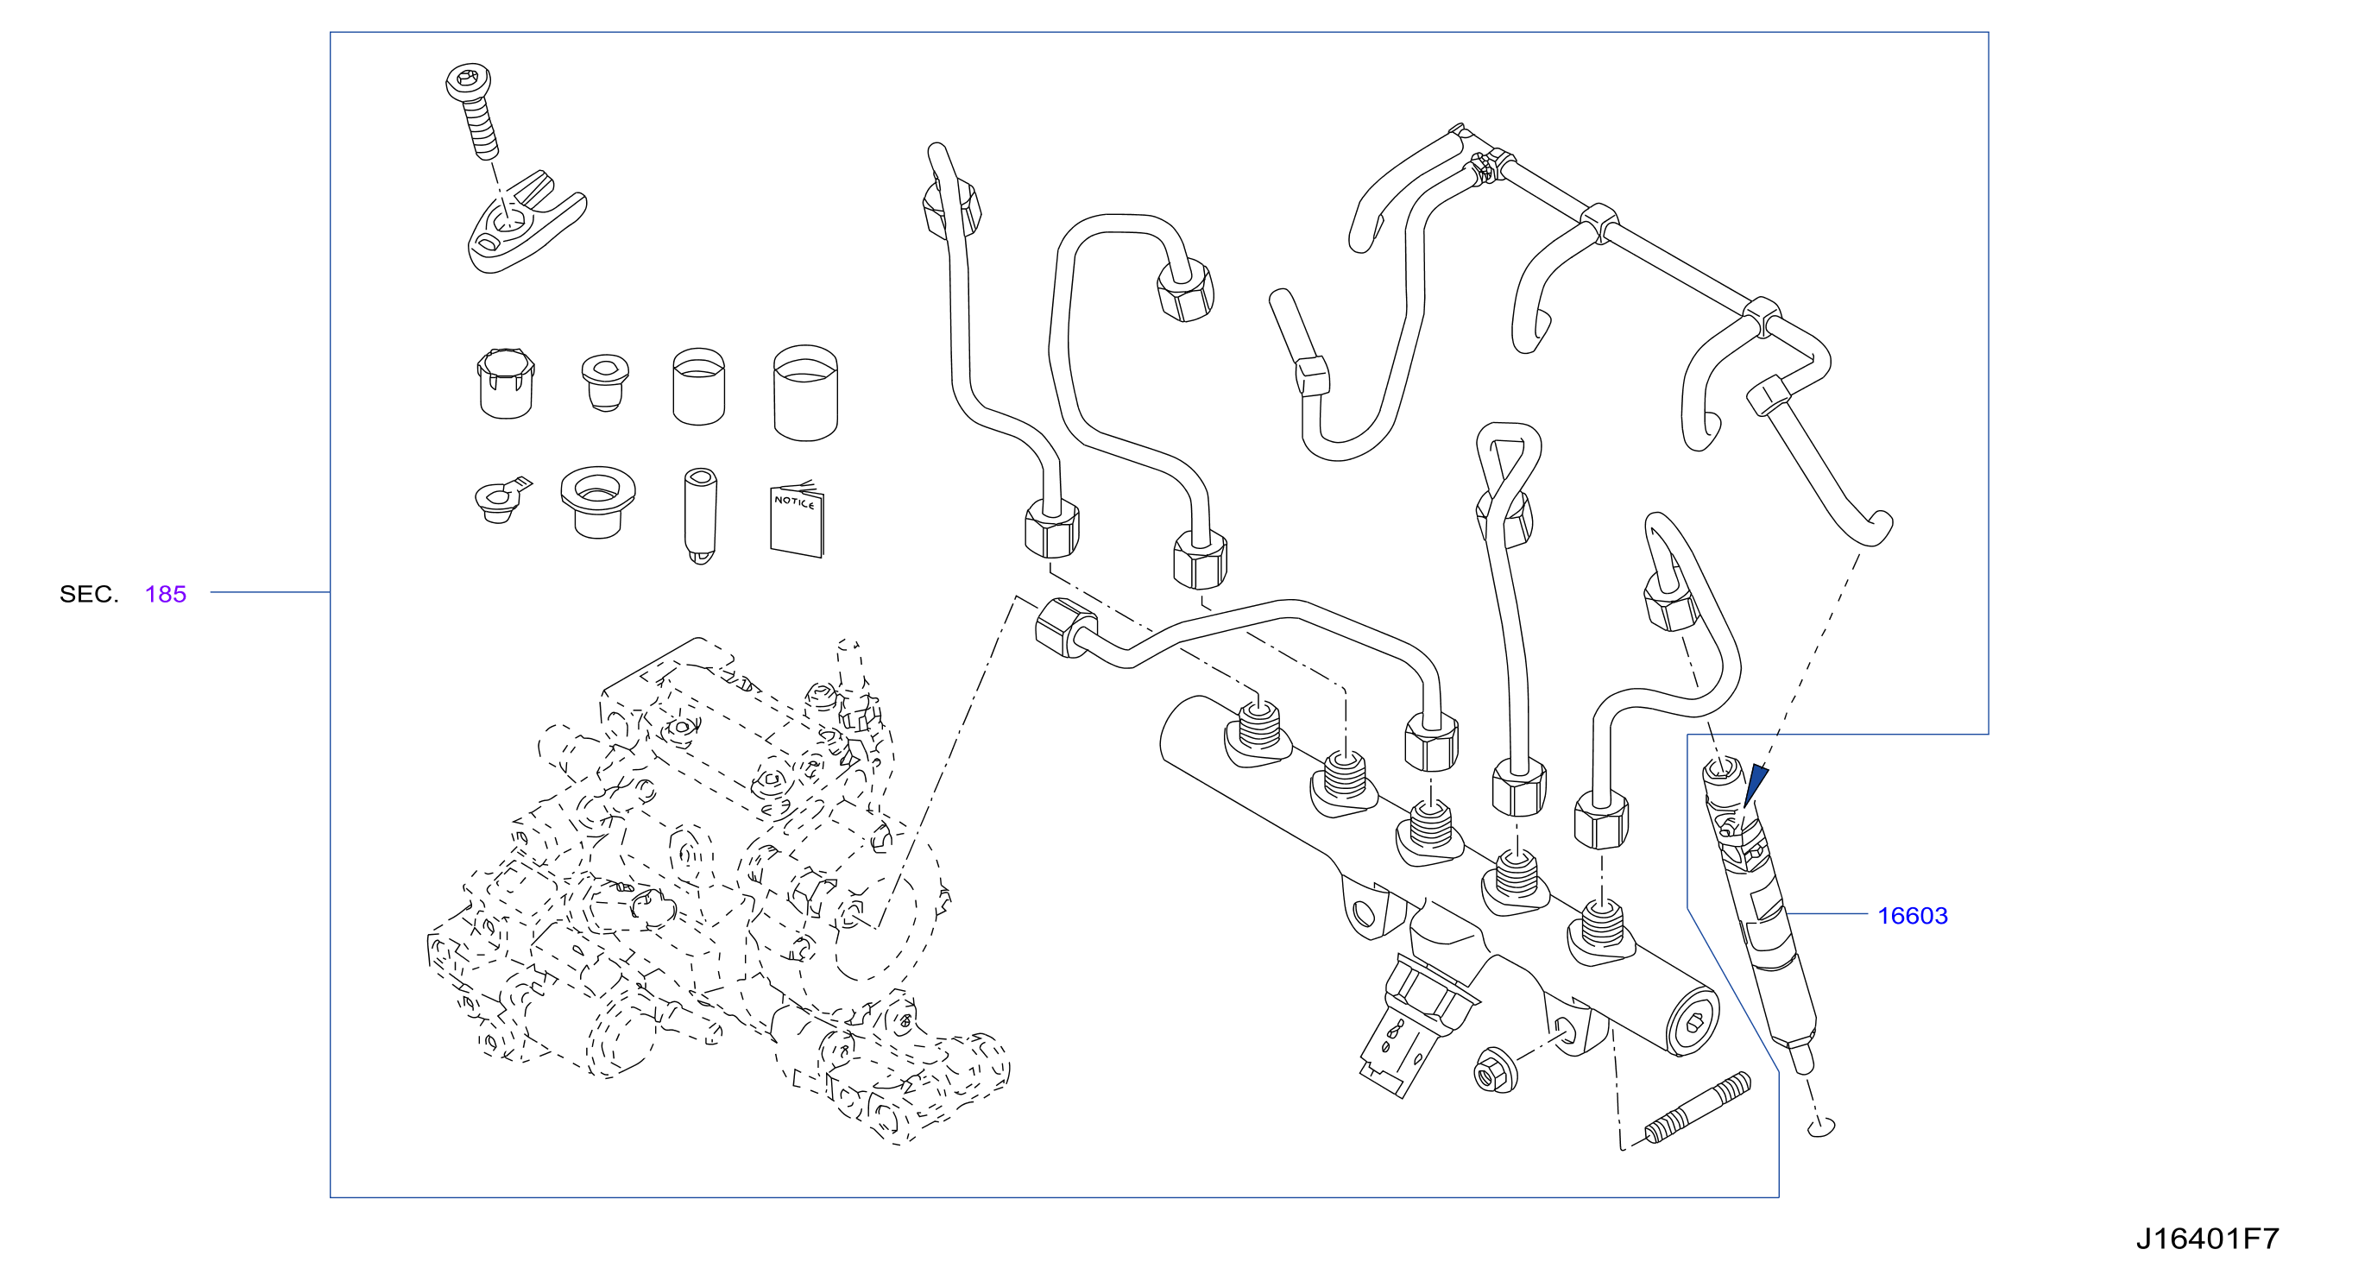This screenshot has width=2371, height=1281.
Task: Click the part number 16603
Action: [x=1913, y=916]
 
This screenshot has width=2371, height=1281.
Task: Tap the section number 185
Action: [x=166, y=595]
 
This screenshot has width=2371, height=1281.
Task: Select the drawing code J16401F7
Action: [x=2207, y=1239]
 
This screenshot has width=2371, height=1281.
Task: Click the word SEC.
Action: [x=89, y=595]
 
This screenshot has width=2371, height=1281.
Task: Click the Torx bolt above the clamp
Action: [x=473, y=110]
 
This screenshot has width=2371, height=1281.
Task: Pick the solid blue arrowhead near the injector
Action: [x=1756, y=784]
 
